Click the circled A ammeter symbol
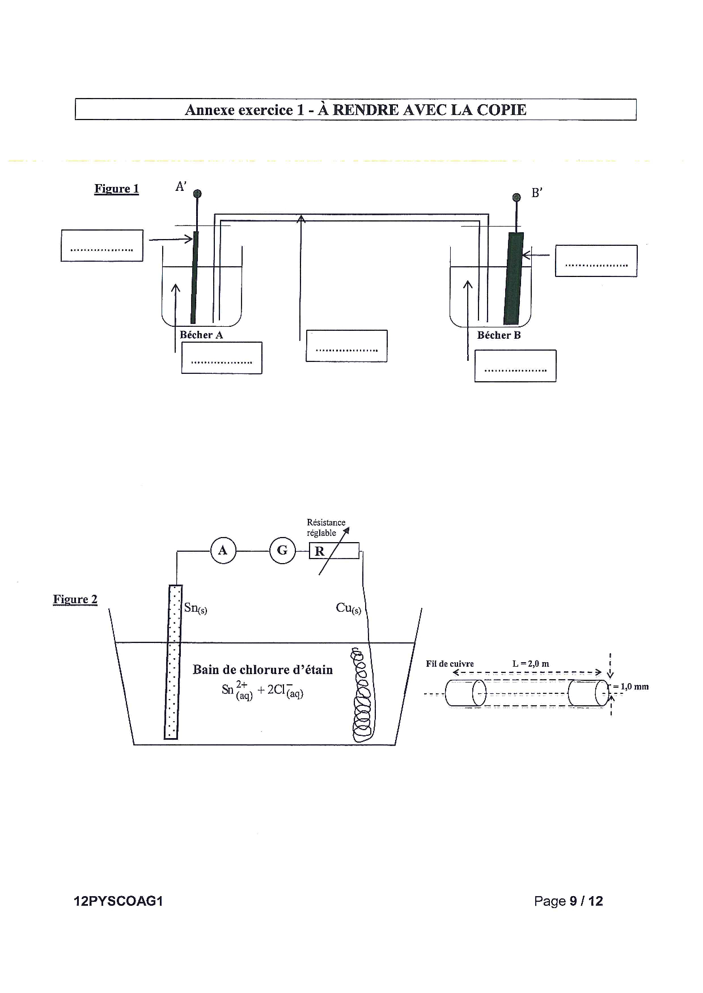tap(223, 551)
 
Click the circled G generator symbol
tap(282, 551)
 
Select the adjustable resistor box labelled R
tap(334, 551)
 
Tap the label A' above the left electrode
tap(181, 186)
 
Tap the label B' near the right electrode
tap(537, 193)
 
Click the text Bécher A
tap(201, 335)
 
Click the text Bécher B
tap(499, 335)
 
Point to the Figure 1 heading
tap(117, 189)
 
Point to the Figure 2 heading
tap(75, 599)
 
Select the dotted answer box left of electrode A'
tap(102, 245)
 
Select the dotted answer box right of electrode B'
tap(596, 261)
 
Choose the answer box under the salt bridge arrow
tap(346, 346)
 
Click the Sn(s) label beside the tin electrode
tap(196, 608)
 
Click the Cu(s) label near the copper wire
tap(349, 608)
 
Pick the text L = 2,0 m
tap(531, 664)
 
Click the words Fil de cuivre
tap(450, 664)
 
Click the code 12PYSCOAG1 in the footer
tap(118, 901)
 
